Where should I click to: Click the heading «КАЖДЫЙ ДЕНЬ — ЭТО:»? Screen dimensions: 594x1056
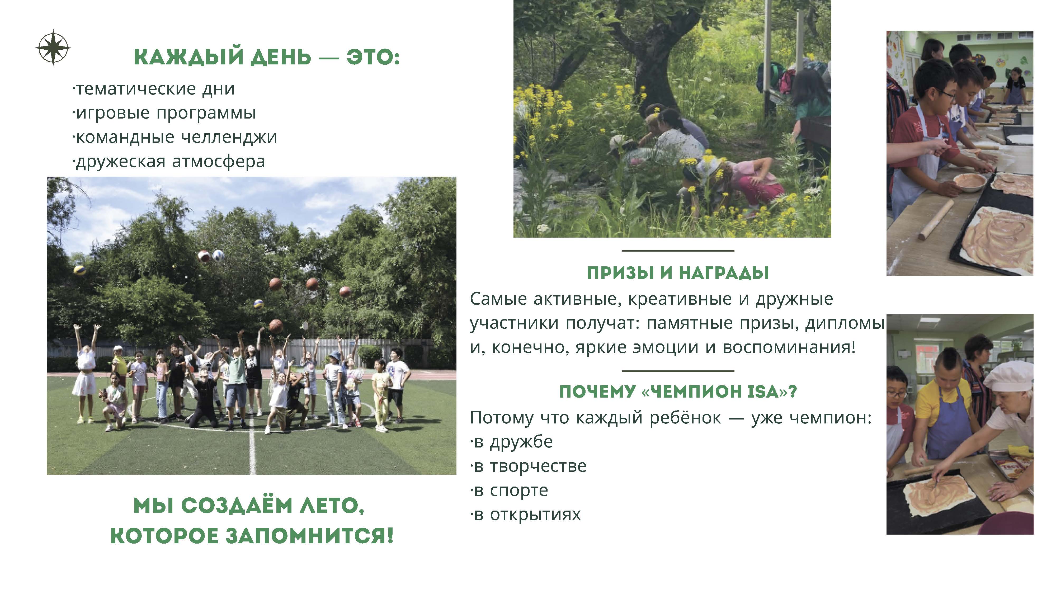point(266,57)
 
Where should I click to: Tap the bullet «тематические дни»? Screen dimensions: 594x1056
point(154,88)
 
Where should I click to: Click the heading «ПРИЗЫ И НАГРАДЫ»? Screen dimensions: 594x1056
point(678,273)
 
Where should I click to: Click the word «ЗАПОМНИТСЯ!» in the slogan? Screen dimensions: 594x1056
point(309,536)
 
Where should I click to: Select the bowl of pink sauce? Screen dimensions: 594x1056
point(969,181)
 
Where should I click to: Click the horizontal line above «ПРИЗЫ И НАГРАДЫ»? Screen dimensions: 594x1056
point(678,251)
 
